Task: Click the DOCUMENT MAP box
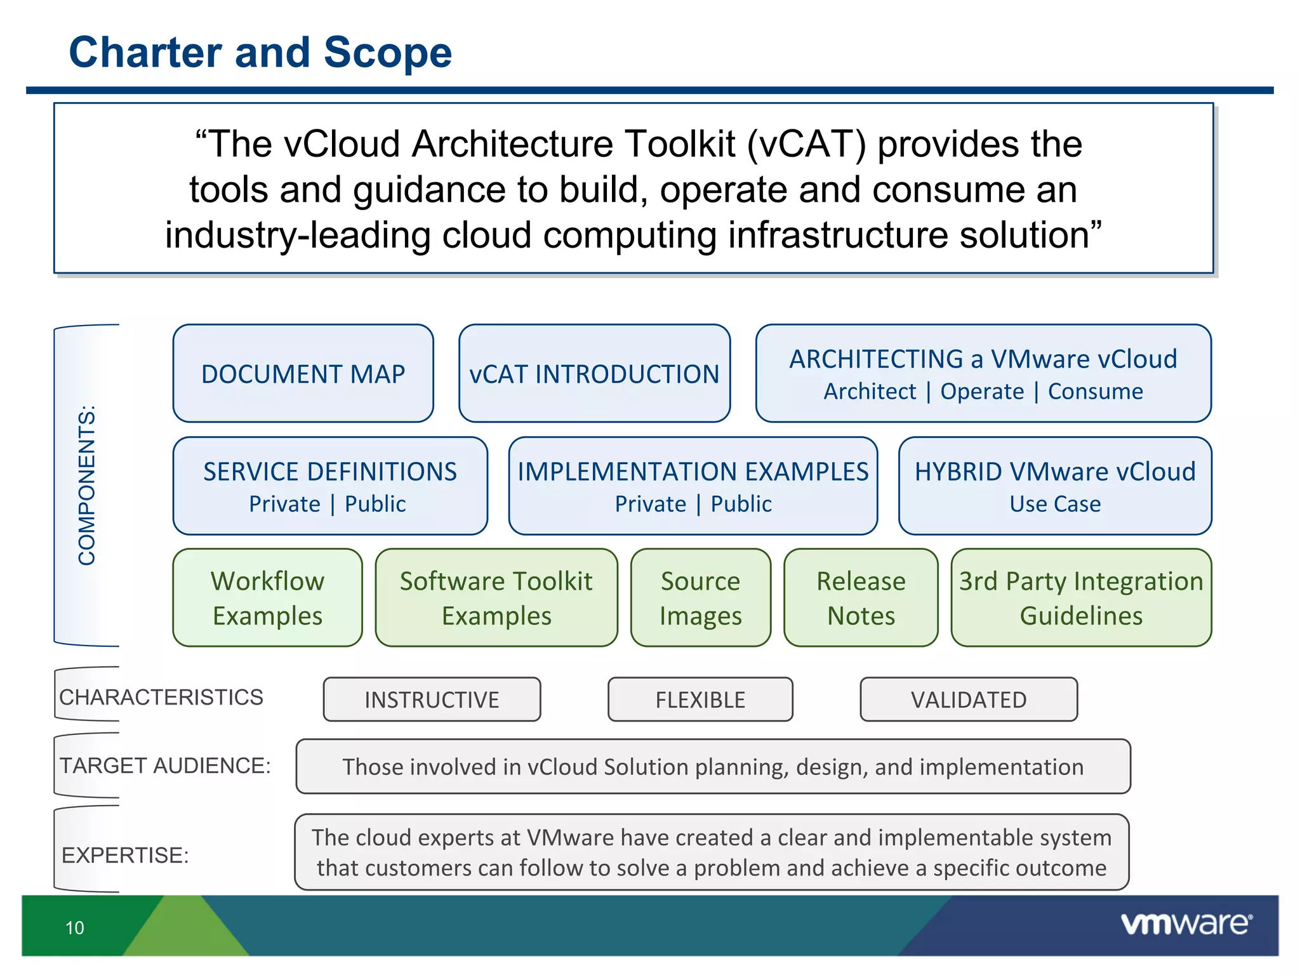coord(303,374)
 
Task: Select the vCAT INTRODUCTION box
coord(594,374)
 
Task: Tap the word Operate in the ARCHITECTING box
coord(981,392)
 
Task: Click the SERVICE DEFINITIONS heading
coord(329,472)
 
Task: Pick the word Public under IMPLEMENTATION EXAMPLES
coord(741,504)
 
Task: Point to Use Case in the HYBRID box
coord(1055,504)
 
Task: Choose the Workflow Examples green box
coord(267,598)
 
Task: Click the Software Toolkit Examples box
coord(496,598)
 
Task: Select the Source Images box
coord(700,598)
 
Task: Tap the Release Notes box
coord(861,598)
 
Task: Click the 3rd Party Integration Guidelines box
coord(1081,598)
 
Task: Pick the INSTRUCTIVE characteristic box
coord(432,700)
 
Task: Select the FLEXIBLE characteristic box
coord(700,700)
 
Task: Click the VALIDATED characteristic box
coord(969,700)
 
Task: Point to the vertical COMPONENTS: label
coord(87,486)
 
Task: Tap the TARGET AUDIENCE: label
coord(165,766)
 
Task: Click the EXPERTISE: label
coord(125,855)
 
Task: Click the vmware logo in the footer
coord(1186,924)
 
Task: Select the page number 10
coord(75,928)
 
